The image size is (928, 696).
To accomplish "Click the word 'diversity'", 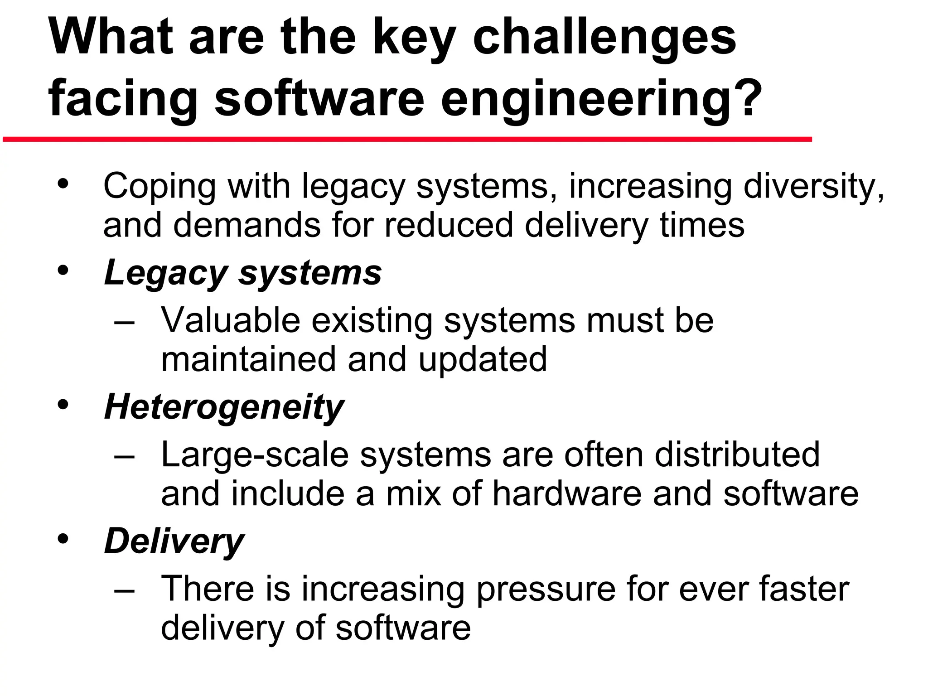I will click(x=813, y=186).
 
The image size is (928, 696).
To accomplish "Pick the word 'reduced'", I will click(x=449, y=225).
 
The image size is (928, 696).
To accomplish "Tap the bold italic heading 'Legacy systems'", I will click(x=243, y=273).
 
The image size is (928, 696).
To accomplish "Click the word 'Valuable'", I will click(x=231, y=320).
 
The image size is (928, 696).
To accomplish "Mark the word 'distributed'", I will click(x=737, y=454).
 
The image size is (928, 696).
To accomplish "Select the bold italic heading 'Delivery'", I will click(x=174, y=542).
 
